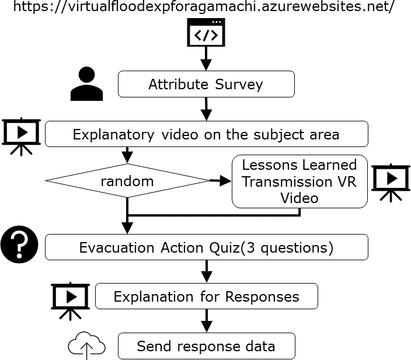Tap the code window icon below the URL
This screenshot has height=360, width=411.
coord(206,33)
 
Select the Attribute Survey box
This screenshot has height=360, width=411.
coord(206,84)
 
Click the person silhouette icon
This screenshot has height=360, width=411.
coord(87,84)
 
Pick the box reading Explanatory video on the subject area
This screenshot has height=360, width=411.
coord(206,134)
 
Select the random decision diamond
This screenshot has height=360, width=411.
coord(127,181)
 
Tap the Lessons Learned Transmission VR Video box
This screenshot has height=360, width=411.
coord(299,181)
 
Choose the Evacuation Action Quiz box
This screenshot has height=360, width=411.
coord(206,247)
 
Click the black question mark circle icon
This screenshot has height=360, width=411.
coord(19,244)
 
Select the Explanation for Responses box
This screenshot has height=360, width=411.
coord(206,296)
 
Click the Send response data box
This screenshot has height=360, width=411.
coord(206,346)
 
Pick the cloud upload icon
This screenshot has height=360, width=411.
coord(86,347)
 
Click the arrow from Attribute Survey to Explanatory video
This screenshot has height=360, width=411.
coord(206,109)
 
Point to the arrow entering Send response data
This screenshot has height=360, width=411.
coord(206,320)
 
